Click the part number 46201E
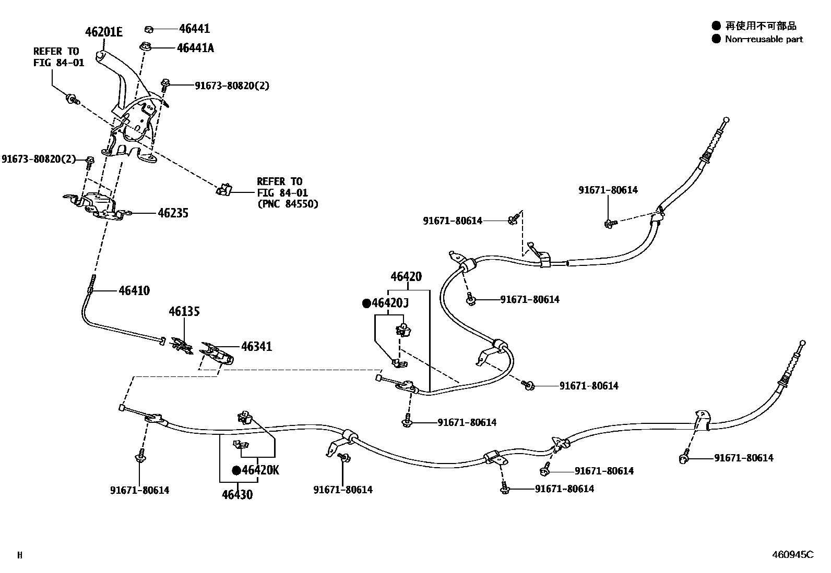pyautogui.click(x=104, y=32)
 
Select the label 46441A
pyautogui.click(x=195, y=48)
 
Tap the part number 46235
pyautogui.click(x=172, y=213)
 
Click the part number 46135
pyautogui.click(x=184, y=312)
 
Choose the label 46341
pyautogui.click(x=256, y=347)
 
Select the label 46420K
pyautogui.click(x=260, y=470)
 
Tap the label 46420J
pyautogui.click(x=390, y=303)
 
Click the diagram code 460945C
pyautogui.click(x=792, y=555)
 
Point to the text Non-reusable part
pyautogui.click(x=763, y=39)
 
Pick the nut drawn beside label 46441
pyautogui.click(x=148, y=29)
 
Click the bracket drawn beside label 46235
pyautogui.click(x=99, y=204)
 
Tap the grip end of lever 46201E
pyautogui.click(x=101, y=55)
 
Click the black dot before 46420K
pyautogui.click(x=236, y=471)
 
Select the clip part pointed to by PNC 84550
pyautogui.click(x=223, y=190)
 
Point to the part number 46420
pyautogui.click(x=406, y=277)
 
